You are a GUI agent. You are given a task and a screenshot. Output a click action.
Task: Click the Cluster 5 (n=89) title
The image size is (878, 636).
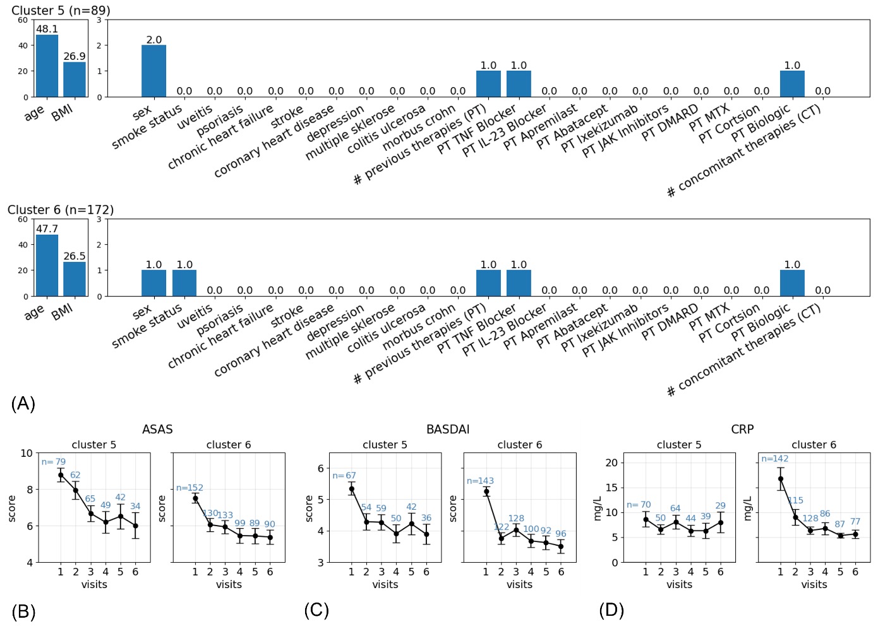click(61, 11)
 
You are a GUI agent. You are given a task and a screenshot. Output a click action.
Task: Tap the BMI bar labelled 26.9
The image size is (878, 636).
click(75, 79)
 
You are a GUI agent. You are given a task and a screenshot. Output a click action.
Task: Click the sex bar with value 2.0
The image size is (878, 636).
click(153, 71)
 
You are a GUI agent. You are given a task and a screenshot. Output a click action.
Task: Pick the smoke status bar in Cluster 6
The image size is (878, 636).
click(184, 283)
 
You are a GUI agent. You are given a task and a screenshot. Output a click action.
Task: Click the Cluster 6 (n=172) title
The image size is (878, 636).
click(61, 210)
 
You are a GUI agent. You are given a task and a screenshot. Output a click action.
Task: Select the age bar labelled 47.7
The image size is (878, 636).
click(47, 265)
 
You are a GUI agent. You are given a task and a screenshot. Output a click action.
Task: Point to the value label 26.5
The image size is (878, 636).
click(75, 256)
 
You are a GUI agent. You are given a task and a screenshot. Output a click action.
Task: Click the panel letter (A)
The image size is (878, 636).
click(23, 404)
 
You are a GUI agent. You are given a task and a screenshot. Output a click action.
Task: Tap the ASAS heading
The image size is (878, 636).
click(157, 430)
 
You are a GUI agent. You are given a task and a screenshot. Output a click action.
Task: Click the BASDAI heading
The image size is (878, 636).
click(448, 430)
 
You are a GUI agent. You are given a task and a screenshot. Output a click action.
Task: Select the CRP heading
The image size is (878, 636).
click(742, 430)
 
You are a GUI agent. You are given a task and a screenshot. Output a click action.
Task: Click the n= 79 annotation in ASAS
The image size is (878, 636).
click(54, 462)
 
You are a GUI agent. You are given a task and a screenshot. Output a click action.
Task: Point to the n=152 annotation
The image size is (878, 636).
click(189, 488)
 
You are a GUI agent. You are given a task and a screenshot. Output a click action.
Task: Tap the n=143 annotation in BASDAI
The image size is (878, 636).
click(480, 481)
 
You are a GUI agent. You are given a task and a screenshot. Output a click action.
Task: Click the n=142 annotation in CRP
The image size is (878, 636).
click(774, 459)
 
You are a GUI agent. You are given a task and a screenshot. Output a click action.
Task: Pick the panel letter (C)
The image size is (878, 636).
click(316, 610)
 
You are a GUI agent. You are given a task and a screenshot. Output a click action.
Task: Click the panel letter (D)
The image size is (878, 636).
click(611, 610)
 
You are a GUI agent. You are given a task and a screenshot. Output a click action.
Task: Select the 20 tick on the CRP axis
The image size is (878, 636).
click(611, 462)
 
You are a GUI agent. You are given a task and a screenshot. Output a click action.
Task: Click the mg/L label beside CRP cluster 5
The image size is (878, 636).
click(598, 509)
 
